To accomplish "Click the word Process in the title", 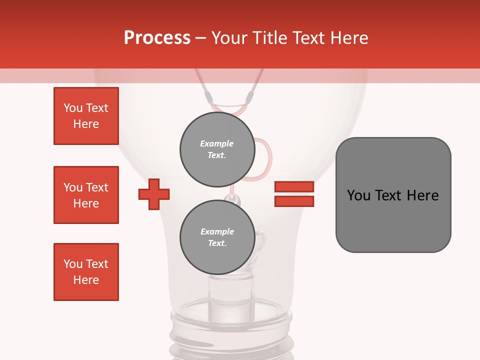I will [x=157, y=38].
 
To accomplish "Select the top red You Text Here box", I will [x=86, y=116].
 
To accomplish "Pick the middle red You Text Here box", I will [x=86, y=195].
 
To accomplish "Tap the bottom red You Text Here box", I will [x=86, y=272].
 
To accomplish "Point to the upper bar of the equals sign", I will [x=294, y=186].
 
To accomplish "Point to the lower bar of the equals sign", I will [x=294, y=201].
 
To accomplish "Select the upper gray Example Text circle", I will [x=217, y=149].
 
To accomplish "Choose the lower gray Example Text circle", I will [x=217, y=237].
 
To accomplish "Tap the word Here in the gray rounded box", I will [x=422, y=195].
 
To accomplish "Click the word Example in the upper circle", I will [x=217, y=143].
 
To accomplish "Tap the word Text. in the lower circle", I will [x=217, y=243].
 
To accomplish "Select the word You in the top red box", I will [x=72, y=108].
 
